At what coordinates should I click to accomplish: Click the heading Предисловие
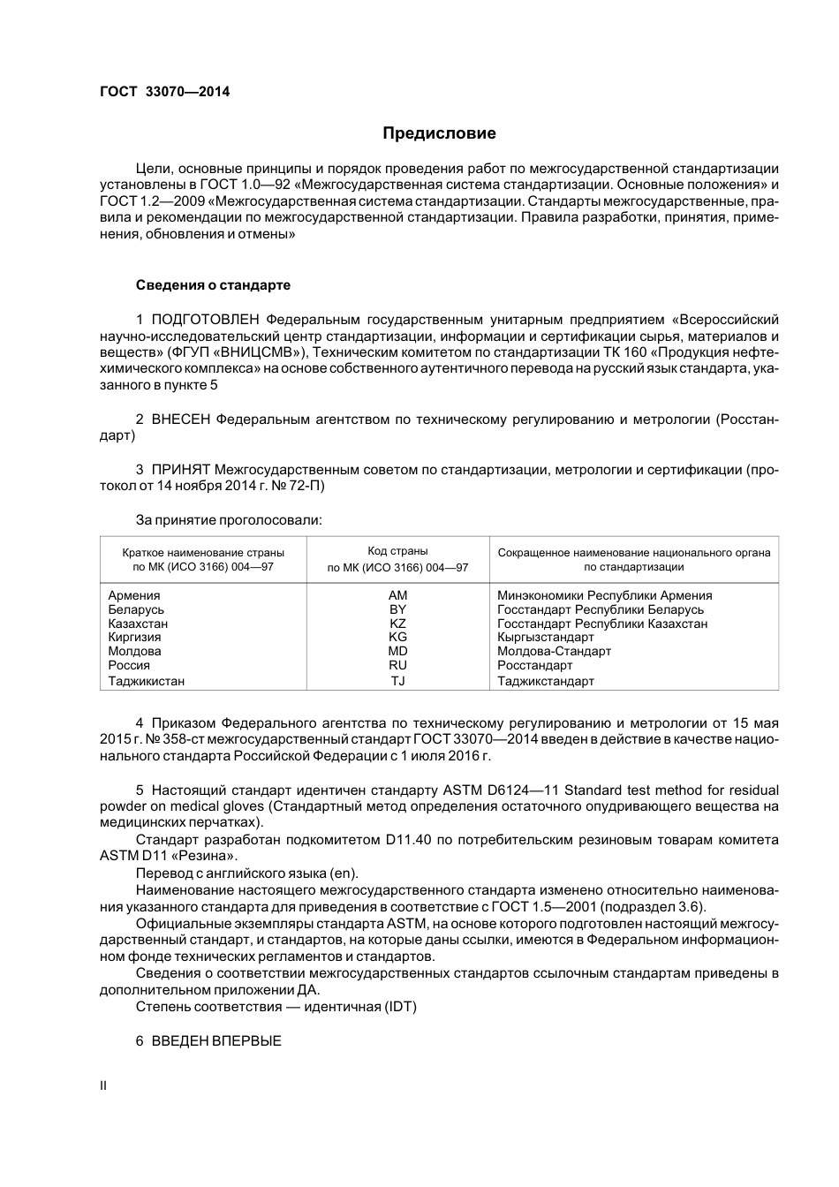click(x=439, y=133)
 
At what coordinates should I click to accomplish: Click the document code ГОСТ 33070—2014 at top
click(x=164, y=91)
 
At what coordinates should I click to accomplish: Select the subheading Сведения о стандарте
click(x=213, y=285)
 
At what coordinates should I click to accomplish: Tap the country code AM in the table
click(x=397, y=595)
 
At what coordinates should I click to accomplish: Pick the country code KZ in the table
click(x=397, y=624)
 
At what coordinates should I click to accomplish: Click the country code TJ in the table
click(x=397, y=681)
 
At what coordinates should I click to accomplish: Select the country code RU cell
click(x=397, y=665)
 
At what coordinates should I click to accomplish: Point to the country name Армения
click(x=134, y=595)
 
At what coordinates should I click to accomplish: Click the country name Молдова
click(x=134, y=651)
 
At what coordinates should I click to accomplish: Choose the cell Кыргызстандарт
click(x=546, y=637)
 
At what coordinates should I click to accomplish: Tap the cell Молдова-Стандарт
click(x=554, y=651)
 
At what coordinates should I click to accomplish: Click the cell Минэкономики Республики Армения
click(x=604, y=595)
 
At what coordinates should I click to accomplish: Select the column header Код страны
click(x=397, y=551)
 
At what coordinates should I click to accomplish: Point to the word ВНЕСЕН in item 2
click(x=181, y=419)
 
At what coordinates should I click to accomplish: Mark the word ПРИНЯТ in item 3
click(x=180, y=469)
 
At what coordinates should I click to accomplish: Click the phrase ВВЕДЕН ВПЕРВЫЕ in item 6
click(x=216, y=1041)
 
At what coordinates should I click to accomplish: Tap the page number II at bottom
click(x=103, y=1085)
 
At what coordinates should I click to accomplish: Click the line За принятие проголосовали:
click(x=229, y=519)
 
